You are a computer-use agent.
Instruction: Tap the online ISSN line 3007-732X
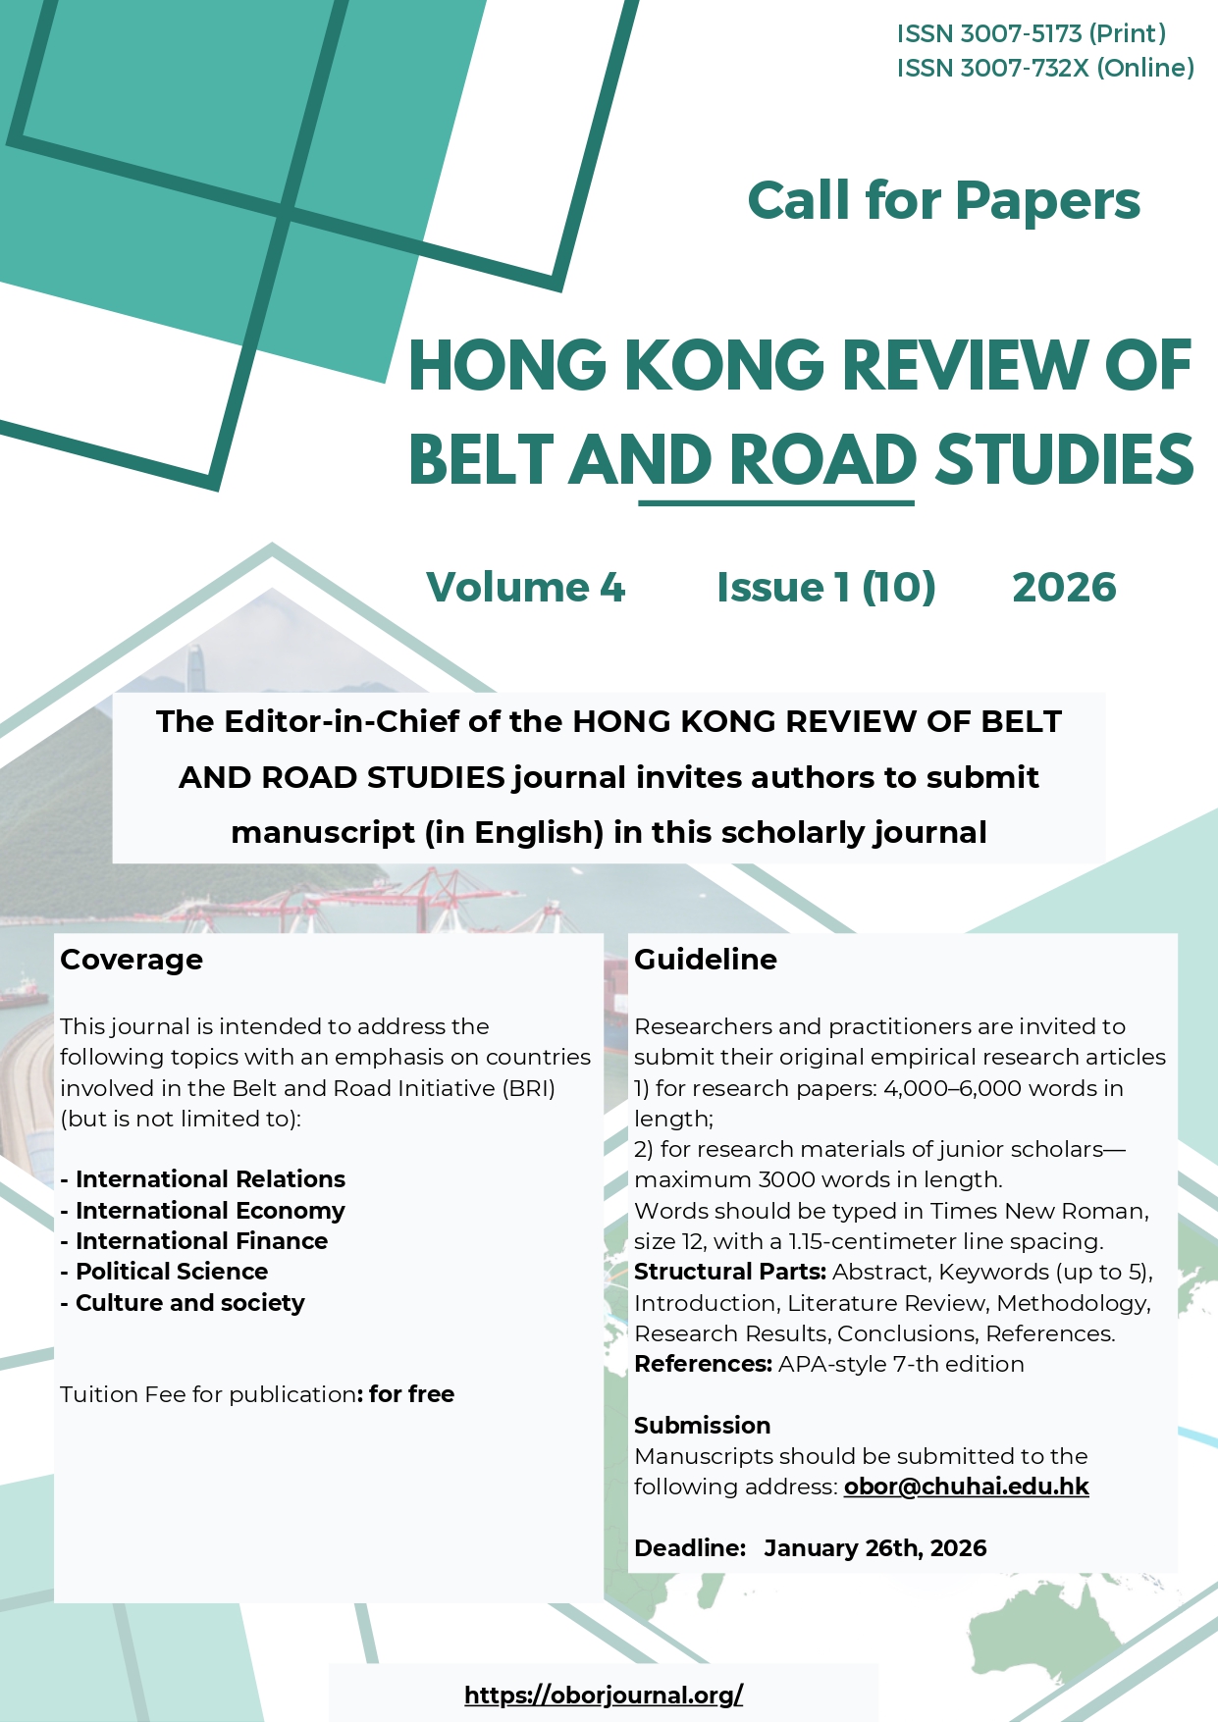(x=1044, y=68)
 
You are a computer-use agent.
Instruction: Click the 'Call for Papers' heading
(x=943, y=201)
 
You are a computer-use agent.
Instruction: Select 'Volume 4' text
(x=525, y=588)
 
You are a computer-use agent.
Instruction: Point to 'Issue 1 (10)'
(x=825, y=588)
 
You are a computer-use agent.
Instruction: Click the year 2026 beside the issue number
(x=1064, y=588)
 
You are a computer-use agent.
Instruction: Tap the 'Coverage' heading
(x=132, y=960)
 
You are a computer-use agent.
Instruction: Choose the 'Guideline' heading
(x=706, y=960)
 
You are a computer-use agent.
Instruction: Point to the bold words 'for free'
(x=411, y=1394)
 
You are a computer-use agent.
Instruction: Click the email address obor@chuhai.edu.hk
(x=966, y=1487)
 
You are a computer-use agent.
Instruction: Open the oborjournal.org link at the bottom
(x=604, y=1695)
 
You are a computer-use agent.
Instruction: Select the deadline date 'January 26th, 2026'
(x=875, y=1548)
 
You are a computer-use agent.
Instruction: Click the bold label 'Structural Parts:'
(x=730, y=1273)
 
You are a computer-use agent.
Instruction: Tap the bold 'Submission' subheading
(x=702, y=1426)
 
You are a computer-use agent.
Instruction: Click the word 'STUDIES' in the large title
(x=1064, y=460)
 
